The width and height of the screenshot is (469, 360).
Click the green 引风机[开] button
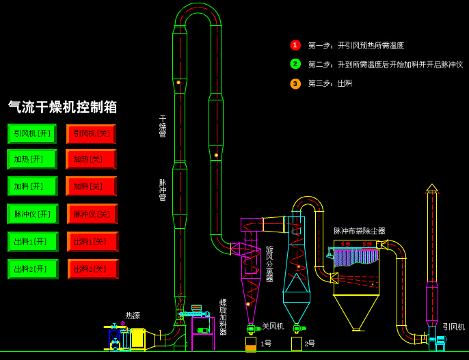click(x=31, y=133)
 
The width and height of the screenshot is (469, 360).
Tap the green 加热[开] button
click(x=31, y=159)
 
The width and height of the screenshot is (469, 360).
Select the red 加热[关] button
click(x=91, y=159)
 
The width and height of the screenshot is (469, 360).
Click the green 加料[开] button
click(x=32, y=186)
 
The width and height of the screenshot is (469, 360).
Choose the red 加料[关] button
click(x=91, y=186)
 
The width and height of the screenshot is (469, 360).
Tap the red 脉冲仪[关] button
click(x=92, y=214)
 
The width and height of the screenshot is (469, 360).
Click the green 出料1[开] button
click(x=32, y=241)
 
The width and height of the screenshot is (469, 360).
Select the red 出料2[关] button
click(x=92, y=268)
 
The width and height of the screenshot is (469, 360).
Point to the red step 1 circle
click(x=295, y=45)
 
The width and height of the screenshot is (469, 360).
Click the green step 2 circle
click(x=295, y=64)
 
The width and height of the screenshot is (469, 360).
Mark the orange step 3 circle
click(x=295, y=83)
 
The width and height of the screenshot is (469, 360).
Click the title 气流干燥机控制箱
click(x=63, y=107)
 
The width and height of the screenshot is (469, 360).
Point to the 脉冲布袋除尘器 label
click(x=359, y=231)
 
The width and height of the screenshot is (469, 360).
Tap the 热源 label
click(x=133, y=316)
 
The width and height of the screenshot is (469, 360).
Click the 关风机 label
click(x=273, y=326)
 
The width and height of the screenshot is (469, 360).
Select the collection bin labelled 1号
click(x=251, y=344)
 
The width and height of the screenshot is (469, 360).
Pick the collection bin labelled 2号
click(x=296, y=344)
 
